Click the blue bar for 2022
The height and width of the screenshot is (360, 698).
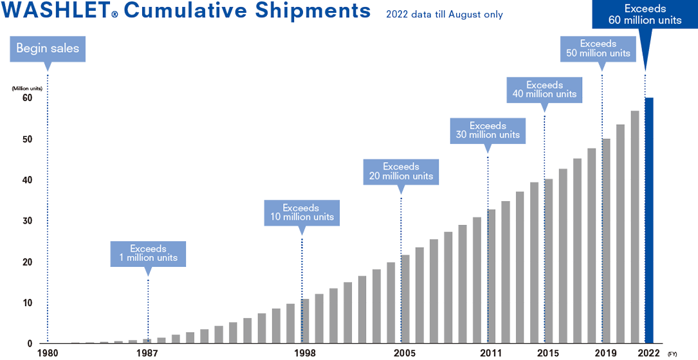click(650, 219)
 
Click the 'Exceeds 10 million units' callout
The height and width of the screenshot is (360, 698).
click(301, 213)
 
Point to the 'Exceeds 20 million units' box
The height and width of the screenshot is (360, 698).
click(401, 171)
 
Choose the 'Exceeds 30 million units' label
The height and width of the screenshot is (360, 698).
click(488, 130)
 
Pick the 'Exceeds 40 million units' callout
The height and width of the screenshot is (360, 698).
click(544, 89)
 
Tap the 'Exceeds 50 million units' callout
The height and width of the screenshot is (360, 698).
click(598, 48)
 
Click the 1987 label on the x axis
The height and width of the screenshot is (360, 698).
click(147, 353)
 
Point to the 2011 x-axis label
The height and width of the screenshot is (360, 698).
click(491, 353)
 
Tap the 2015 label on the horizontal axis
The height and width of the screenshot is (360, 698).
click(548, 353)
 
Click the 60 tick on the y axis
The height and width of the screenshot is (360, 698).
click(27, 98)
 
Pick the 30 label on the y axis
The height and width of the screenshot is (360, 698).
click(27, 221)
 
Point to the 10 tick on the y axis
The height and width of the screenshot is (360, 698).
click(27, 302)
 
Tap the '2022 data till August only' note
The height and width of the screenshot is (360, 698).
click(444, 15)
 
